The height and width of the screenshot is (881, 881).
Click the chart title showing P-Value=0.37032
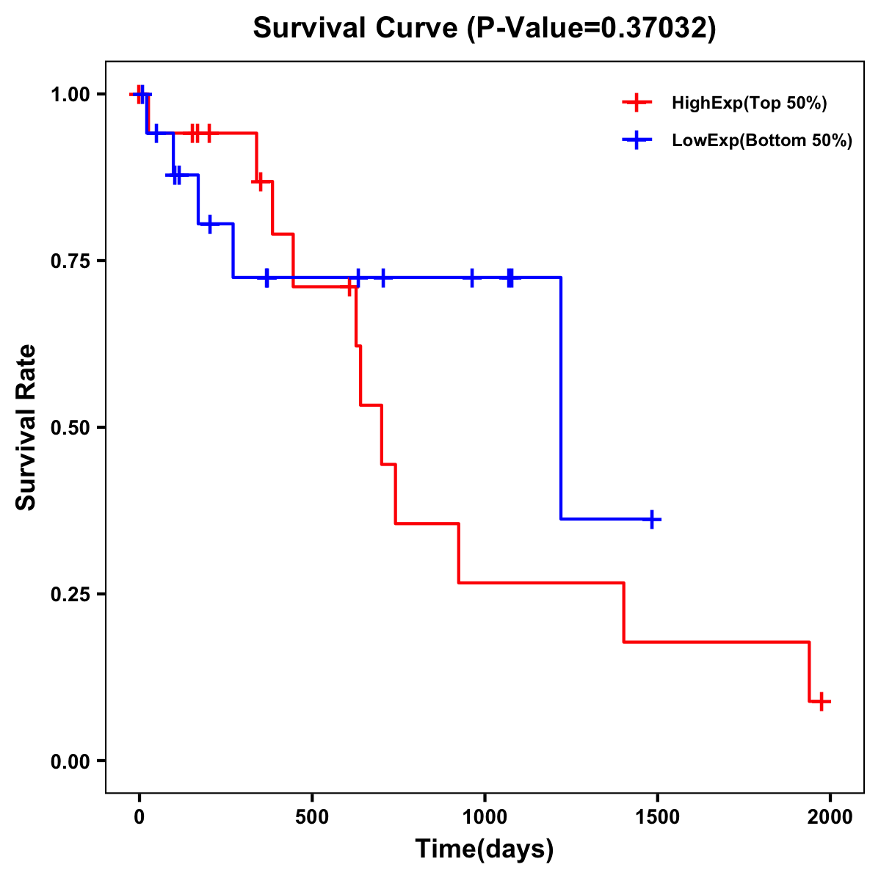[484, 29]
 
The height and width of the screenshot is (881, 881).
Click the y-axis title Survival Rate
[26, 427]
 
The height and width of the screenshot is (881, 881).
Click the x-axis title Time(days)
[484, 849]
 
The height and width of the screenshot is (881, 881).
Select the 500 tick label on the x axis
[312, 817]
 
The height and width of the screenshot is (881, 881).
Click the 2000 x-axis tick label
[830, 817]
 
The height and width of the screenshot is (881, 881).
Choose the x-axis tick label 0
[139, 817]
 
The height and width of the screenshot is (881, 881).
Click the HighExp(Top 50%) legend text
[749, 104]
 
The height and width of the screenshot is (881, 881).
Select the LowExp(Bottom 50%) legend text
[761, 141]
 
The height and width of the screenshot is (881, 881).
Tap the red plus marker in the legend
[637, 103]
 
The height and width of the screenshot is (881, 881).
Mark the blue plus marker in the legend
[637, 140]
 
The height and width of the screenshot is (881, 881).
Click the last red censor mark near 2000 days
[822, 701]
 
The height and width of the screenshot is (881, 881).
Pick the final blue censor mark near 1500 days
[651, 519]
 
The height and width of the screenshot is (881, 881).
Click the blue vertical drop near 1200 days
[561, 396]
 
